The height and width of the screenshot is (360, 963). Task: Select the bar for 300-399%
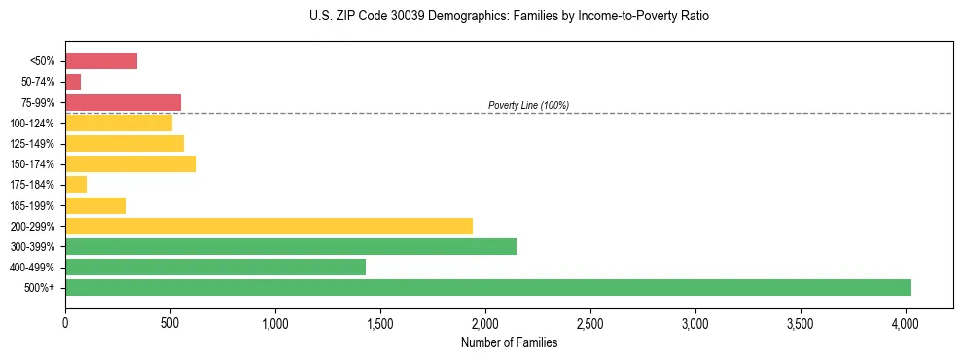click(291, 246)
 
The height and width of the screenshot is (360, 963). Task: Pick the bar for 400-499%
click(215, 267)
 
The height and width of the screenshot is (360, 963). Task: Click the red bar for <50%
click(101, 61)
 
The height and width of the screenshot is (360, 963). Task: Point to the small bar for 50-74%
click(73, 82)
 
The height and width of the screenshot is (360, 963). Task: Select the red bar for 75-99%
click(123, 102)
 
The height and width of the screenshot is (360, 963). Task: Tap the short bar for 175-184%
click(76, 185)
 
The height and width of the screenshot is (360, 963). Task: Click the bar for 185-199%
click(95, 205)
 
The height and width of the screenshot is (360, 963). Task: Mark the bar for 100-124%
click(119, 123)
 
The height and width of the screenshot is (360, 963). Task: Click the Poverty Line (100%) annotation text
click(528, 105)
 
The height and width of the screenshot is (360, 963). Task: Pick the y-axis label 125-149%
click(32, 144)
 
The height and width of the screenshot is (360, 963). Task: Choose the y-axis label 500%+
click(40, 288)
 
